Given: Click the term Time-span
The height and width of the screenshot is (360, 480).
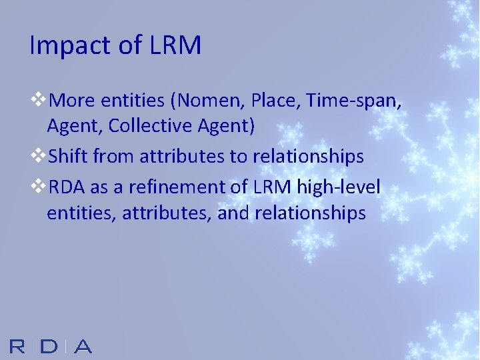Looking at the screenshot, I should tap(357, 101).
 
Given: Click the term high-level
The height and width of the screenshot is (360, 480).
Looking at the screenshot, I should tap(339, 188).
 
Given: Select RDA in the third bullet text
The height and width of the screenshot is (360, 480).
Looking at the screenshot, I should tap(67, 188).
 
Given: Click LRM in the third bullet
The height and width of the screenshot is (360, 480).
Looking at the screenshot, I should tap(272, 188).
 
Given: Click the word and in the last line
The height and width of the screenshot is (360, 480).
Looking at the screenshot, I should tap(231, 213).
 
